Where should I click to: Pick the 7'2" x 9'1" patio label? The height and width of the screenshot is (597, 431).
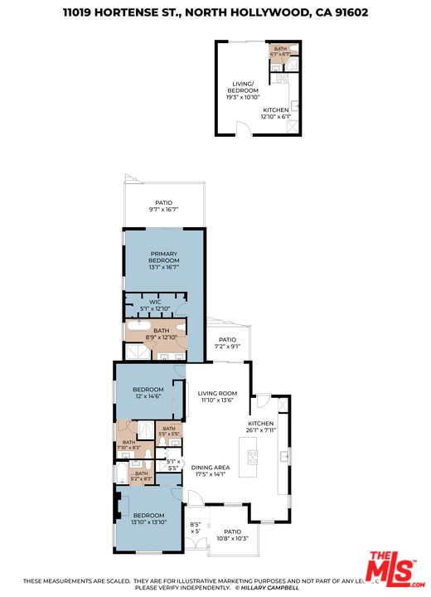[x=227, y=343]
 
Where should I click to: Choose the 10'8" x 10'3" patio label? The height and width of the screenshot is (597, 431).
[x=232, y=535]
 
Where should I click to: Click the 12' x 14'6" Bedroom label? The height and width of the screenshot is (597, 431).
[x=149, y=392]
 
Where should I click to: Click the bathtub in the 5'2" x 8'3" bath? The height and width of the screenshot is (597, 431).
[x=123, y=475]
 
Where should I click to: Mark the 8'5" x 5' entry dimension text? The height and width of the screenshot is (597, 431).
[x=196, y=527]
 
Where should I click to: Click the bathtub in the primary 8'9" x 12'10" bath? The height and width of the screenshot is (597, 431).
[x=138, y=335]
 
